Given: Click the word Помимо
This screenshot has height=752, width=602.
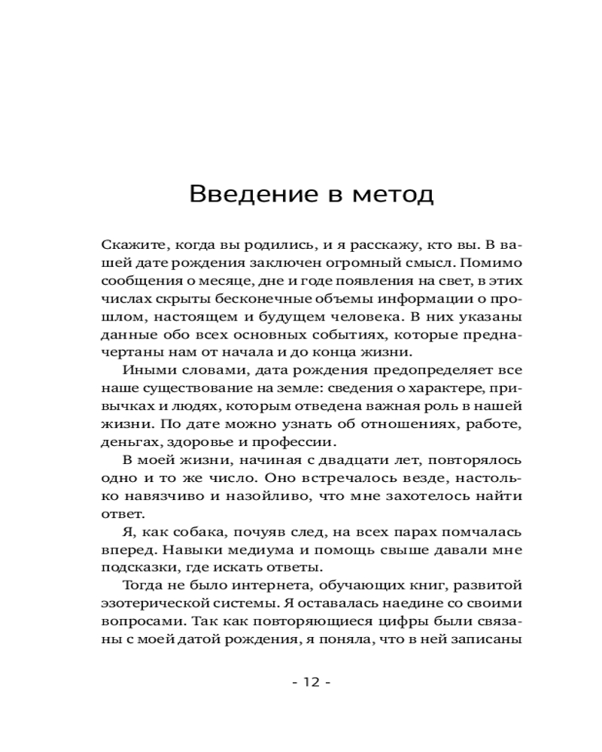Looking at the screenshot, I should (x=494, y=264).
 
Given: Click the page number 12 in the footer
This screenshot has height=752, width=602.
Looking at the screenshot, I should (x=311, y=683).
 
